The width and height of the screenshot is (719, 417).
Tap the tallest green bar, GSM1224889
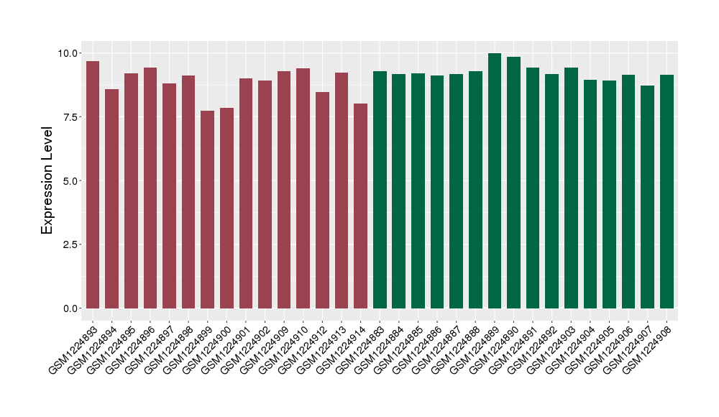click(495, 180)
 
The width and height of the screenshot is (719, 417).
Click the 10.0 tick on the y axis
click(69, 53)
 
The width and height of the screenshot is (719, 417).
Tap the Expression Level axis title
click(47, 180)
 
